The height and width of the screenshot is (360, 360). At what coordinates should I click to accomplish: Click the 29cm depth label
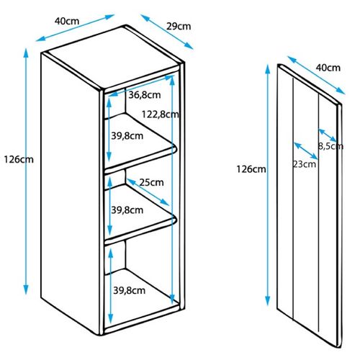click(x=179, y=26)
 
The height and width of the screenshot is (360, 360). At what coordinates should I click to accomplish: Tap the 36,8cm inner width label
click(x=145, y=95)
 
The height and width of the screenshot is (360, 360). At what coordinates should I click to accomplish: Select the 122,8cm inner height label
click(x=161, y=114)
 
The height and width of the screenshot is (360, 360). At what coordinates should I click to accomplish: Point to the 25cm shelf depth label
click(x=152, y=182)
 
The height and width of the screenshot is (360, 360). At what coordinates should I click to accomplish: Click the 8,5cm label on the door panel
click(x=330, y=146)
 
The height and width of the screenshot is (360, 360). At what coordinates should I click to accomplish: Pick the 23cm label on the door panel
click(x=304, y=164)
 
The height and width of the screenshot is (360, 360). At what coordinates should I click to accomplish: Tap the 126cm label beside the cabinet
click(x=19, y=159)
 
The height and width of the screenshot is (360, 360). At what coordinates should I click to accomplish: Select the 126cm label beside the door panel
click(x=251, y=169)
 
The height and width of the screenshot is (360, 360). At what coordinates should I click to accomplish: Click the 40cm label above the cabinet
click(x=67, y=21)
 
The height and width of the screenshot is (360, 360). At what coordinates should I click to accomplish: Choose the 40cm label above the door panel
click(x=328, y=68)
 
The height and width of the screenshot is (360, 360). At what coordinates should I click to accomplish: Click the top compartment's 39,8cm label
click(x=127, y=136)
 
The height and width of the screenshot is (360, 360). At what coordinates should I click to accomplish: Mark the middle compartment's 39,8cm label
click(x=127, y=210)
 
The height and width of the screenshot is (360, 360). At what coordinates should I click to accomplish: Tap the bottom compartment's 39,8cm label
click(x=130, y=291)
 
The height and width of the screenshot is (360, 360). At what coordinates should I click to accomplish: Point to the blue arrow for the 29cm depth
click(x=167, y=32)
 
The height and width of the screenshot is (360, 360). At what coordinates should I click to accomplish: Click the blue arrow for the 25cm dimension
click(x=148, y=192)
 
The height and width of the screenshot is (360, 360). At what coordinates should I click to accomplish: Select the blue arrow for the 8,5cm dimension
click(x=328, y=135)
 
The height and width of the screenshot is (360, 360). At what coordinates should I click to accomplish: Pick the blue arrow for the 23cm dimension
click(x=306, y=150)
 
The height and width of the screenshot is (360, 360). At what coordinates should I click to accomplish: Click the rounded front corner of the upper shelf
click(x=175, y=148)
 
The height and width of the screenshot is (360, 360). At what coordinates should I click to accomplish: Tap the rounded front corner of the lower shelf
click(x=175, y=220)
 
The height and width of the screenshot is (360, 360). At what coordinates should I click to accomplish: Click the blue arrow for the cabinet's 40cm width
click(x=75, y=28)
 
